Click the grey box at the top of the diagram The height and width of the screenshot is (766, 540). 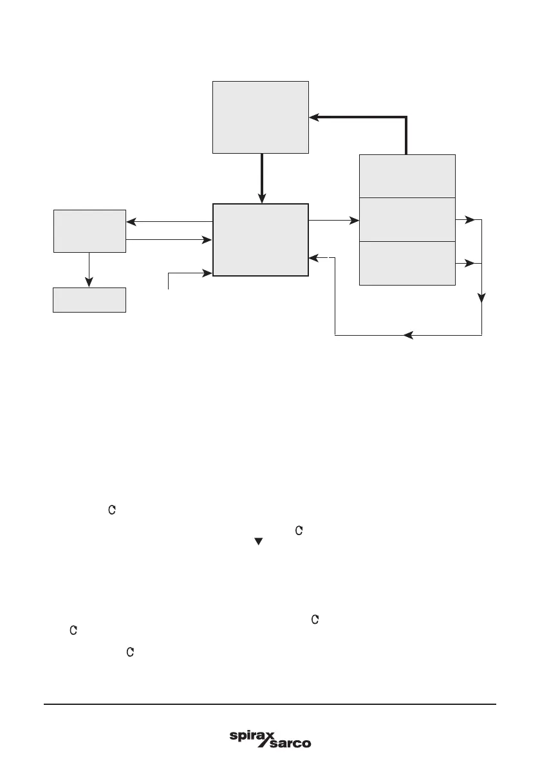(x=261, y=117)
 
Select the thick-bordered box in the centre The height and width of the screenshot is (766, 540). (x=261, y=239)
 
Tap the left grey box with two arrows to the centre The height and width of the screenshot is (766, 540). (x=89, y=230)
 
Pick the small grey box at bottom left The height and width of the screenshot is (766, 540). (x=89, y=300)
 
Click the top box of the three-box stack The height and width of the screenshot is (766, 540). (x=407, y=176)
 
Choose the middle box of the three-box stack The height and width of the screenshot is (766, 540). (x=407, y=220)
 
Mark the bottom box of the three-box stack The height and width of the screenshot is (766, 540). (x=407, y=263)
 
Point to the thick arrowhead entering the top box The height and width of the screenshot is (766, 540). (x=315, y=117)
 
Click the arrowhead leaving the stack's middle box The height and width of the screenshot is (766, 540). (x=470, y=220)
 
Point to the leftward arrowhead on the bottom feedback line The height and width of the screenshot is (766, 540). (x=407, y=335)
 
